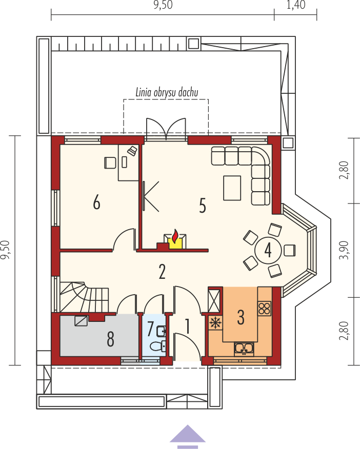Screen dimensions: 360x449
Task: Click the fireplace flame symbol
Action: click(x=174, y=236)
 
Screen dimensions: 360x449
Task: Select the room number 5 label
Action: click(x=203, y=206)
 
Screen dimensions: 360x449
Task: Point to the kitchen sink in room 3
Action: click(x=244, y=348)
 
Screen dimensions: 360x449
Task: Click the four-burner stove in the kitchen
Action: click(x=264, y=309)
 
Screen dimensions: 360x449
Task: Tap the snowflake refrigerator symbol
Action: click(x=215, y=323)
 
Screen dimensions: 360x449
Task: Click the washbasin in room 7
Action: click(x=161, y=331)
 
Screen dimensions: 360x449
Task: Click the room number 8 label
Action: click(x=111, y=339)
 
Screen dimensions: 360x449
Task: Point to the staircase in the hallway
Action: click(x=84, y=297)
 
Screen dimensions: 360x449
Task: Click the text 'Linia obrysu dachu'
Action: click(x=167, y=92)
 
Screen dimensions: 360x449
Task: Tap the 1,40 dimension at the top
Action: click(x=296, y=5)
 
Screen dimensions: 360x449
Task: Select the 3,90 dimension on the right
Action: click(x=344, y=250)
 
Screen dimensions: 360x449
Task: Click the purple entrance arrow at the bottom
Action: click(x=188, y=436)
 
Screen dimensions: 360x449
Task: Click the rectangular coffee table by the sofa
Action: click(x=232, y=188)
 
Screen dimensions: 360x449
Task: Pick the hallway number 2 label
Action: click(x=162, y=272)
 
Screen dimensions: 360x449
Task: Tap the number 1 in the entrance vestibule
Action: click(x=188, y=326)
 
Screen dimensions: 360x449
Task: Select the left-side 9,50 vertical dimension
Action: click(x=5, y=250)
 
